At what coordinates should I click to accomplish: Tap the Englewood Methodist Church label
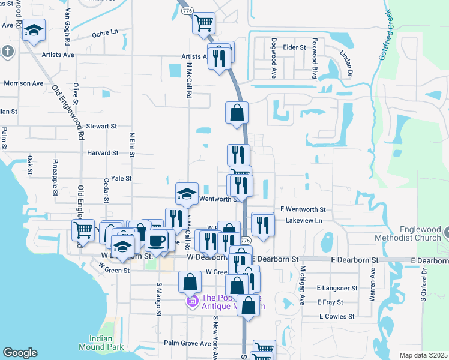pos(421,234)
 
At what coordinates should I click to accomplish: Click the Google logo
pos(20,353)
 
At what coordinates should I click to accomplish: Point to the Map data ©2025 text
pos(423,355)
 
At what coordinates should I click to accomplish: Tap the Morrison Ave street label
pos(23,83)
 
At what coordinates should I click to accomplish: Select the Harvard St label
pos(102,153)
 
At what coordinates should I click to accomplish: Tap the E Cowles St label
pos(337,316)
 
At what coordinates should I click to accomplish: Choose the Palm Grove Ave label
pos(188,344)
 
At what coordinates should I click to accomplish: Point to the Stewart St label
pos(101,127)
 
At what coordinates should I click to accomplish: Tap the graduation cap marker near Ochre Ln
pos(34,29)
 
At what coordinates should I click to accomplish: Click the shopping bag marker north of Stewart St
pos(237,112)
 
